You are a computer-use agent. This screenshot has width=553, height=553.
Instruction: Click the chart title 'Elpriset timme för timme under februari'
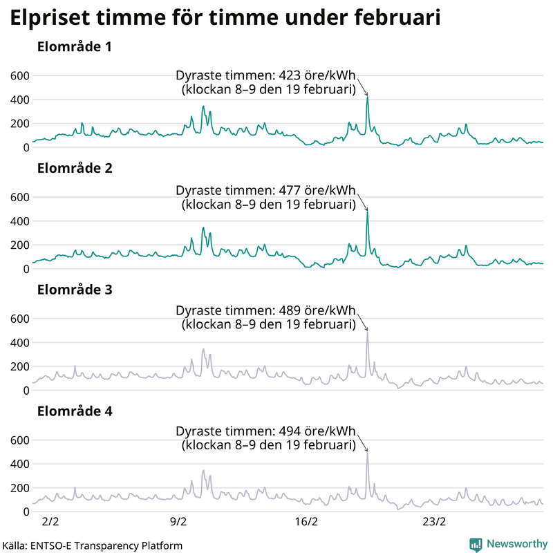(225, 19)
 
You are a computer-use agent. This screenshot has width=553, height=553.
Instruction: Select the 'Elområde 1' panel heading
(75, 48)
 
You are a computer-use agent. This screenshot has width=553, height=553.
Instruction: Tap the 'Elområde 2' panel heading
(75, 169)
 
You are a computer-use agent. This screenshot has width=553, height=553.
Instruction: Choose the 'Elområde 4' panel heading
(75, 411)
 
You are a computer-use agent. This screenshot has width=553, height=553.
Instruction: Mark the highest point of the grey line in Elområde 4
(367, 453)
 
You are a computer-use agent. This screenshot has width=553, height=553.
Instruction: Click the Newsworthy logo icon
(476, 544)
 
